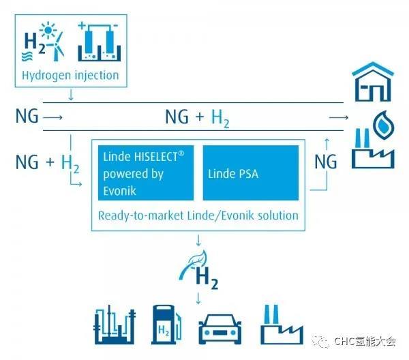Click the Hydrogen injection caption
click(70, 75)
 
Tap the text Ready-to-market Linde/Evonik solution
click(198, 215)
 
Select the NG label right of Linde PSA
click(327, 162)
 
